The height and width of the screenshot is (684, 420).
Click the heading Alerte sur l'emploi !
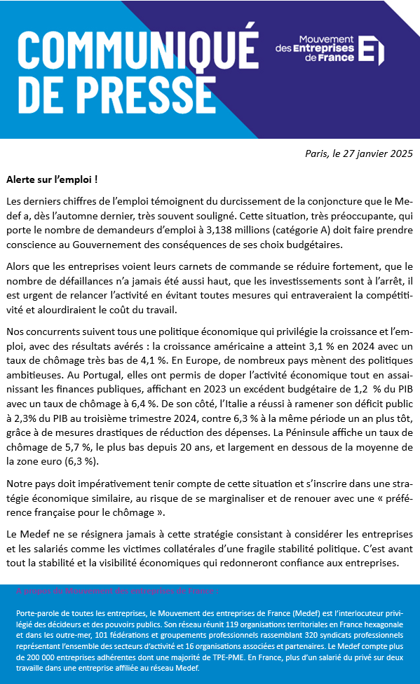click(52, 179)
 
